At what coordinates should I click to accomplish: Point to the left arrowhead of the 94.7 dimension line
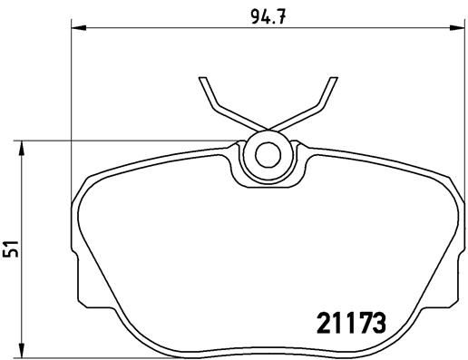click(x=77, y=31)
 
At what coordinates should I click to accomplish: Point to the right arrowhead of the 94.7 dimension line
click(x=454, y=31)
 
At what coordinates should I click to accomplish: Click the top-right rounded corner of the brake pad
click(x=444, y=178)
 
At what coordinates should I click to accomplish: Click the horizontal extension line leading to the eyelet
click(x=136, y=141)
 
